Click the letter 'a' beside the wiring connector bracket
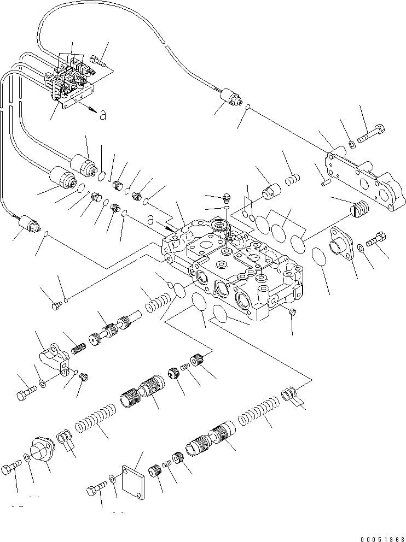click(102, 114)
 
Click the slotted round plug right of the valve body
click(359, 210)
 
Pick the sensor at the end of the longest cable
click(228, 99)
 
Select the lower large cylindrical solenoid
click(62, 179)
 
